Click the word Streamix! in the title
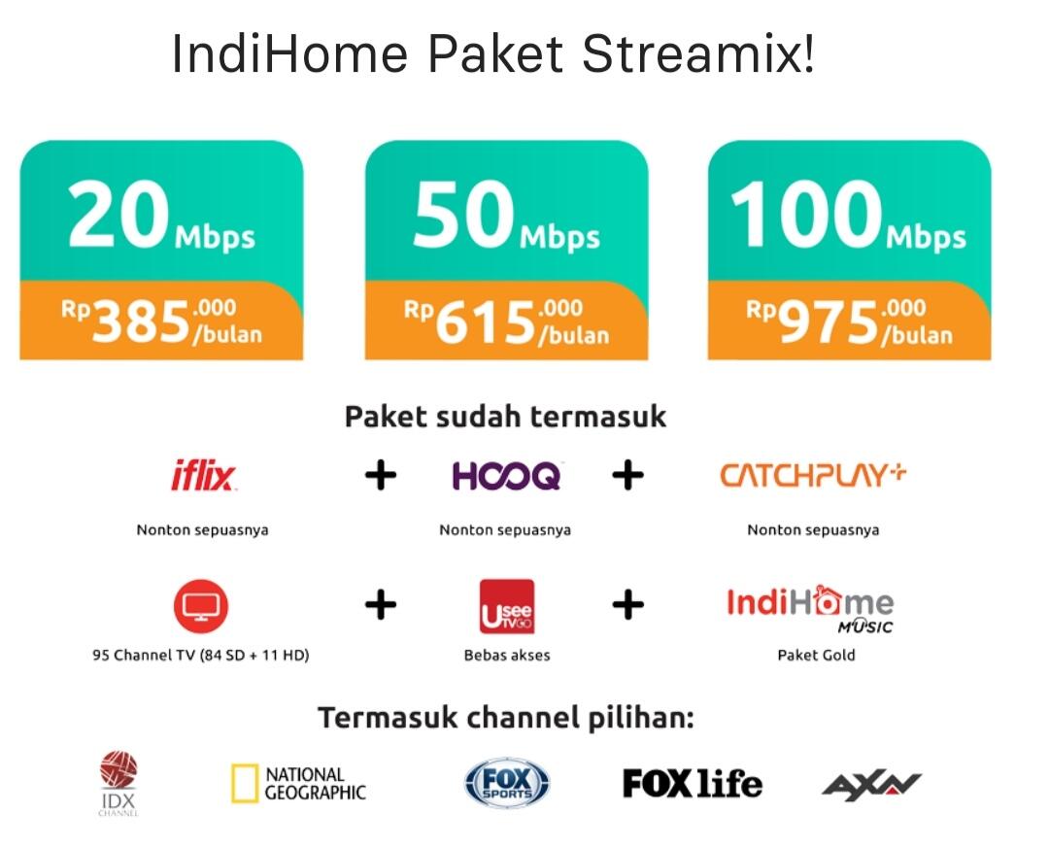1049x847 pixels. [698, 53]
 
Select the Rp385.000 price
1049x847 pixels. [161, 322]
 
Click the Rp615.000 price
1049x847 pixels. [506, 322]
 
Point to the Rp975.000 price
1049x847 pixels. [849, 322]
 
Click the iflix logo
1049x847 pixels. [203, 475]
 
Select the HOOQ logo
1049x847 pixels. [506, 476]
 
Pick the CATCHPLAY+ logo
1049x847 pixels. [814, 474]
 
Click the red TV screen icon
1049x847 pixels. [201, 606]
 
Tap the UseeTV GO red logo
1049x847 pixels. [507, 606]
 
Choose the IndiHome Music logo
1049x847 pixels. [810, 609]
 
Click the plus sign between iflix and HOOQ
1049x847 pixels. [381, 476]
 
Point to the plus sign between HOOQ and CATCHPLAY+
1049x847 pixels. [627, 476]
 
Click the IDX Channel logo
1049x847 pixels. [118, 784]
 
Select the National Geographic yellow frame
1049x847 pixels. [244, 783]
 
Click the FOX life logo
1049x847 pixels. [693, 784]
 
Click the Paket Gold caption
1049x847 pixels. [816, 655]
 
